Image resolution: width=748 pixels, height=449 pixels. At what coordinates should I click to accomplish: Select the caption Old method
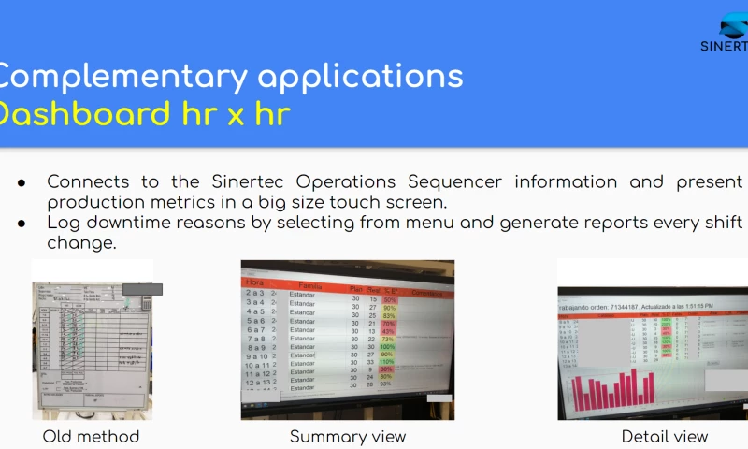91,436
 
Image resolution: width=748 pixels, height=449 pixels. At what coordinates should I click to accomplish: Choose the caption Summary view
348,436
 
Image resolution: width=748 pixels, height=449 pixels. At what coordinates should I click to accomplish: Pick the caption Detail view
665,436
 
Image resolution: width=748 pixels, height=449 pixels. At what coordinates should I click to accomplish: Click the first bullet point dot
21,182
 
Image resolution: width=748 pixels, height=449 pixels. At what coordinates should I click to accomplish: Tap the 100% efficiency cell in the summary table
388,346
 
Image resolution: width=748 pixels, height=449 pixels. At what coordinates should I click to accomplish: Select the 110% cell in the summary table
388,362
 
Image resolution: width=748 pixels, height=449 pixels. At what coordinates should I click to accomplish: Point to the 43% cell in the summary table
388,331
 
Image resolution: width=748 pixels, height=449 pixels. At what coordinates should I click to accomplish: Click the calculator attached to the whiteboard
145,301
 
